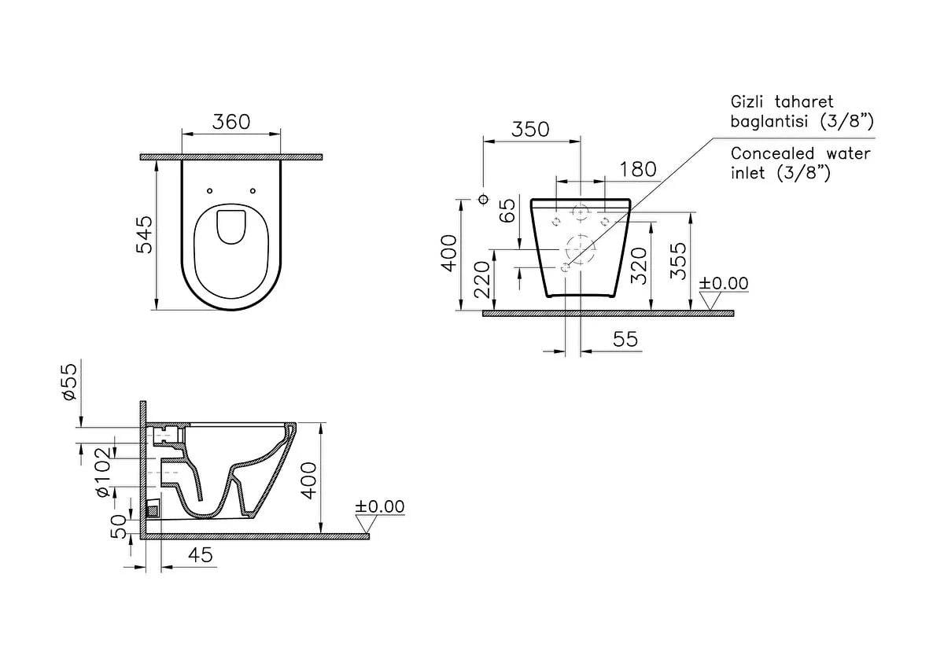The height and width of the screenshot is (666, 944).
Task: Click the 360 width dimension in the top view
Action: point(231,122)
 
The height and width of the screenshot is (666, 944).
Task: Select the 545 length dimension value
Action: point(144,234)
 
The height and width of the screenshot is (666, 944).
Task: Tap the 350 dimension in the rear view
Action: point(530,130)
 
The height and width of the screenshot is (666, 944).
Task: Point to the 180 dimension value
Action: point(638,169)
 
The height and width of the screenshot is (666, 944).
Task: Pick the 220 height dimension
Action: point(482,280)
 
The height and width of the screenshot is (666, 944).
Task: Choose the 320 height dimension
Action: point(639,266)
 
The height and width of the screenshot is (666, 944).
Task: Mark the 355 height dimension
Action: point(678,261)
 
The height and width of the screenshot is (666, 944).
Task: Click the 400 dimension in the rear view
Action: point(448,253)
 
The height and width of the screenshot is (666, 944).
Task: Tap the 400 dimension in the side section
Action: point(309,480)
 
